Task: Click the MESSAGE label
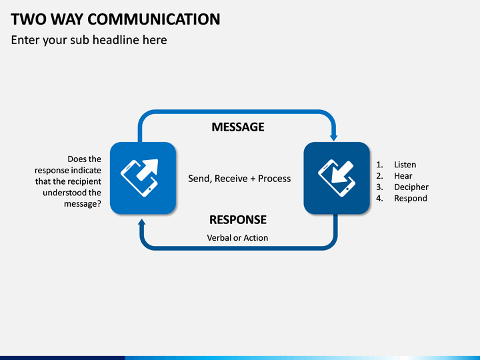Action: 238,127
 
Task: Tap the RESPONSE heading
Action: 238,220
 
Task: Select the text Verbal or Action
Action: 237,238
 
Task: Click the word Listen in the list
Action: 405,165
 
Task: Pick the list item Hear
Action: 403,176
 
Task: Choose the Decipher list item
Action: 411,187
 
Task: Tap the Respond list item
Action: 411,199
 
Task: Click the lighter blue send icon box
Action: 143,178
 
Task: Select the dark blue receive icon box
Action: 337,178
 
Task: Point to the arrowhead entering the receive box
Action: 334,137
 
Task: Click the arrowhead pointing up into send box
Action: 142,222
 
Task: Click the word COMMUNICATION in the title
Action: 154,19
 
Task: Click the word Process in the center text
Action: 274,179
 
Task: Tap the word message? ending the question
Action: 83,204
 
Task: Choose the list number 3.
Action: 379,187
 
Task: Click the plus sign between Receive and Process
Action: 253,179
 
